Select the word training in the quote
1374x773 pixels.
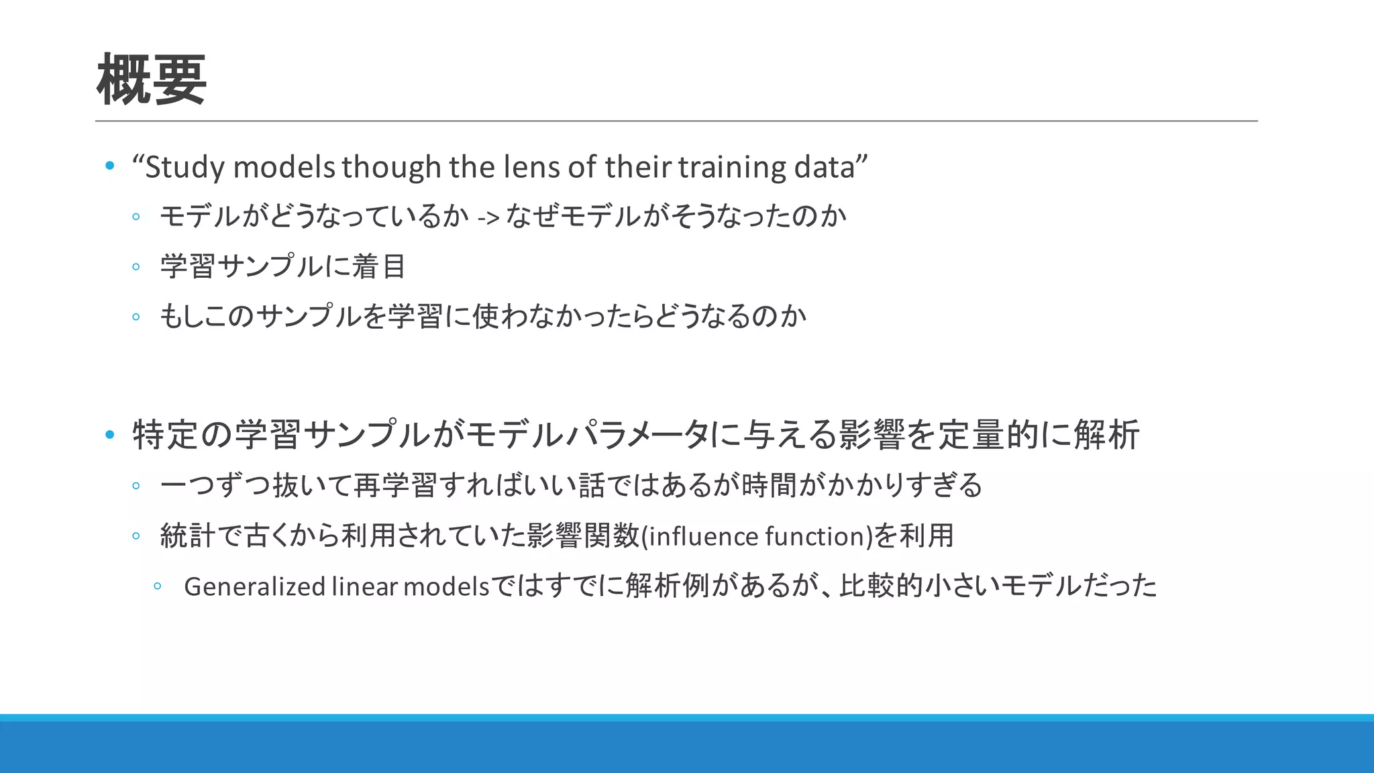[732, 167]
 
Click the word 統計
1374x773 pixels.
[188, 536]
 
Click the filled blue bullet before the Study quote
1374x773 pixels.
[110, 166]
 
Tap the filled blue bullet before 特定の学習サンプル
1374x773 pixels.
[110, 435]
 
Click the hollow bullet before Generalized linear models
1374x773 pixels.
[157, 586]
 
